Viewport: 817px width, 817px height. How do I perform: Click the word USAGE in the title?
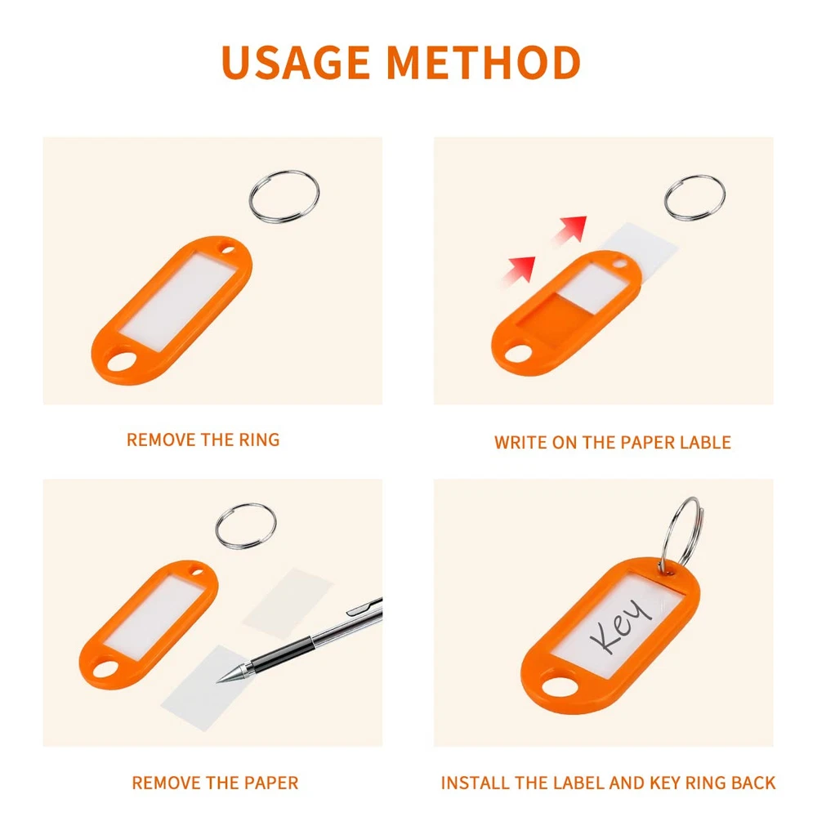click(296, 62)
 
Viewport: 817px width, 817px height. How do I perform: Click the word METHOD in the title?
click(484, 62)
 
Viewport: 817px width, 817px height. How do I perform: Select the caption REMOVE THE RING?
click(203, 440)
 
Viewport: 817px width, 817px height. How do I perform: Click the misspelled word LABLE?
click(706, 442)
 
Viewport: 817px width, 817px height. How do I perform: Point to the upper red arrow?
click(569, 230)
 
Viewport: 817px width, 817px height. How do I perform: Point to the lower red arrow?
click(519, 271)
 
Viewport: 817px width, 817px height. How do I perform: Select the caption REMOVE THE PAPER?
click(215, 783)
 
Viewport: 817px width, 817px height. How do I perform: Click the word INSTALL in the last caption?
click(474, 783)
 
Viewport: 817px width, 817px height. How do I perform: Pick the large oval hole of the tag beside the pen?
click(105, 670)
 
